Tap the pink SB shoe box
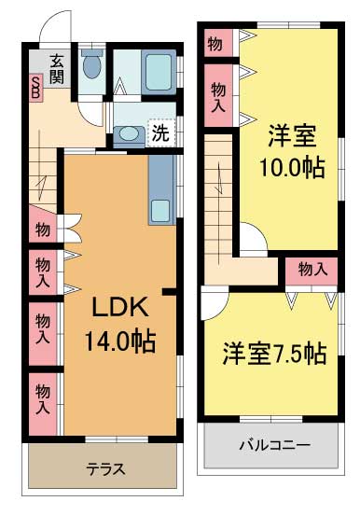coord(35,89)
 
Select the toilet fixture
coord(91,66)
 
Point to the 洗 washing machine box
coord(160,132)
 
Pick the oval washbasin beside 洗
coord(129,133)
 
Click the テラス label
coord(105,468)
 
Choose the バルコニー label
coord(273,444)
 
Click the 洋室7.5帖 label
coord(273,355)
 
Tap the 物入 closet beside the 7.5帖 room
coord(312,269)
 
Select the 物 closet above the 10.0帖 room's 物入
coord(215,43)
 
